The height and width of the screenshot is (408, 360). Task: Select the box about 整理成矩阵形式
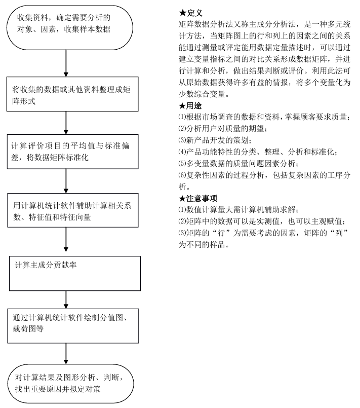[x=72, y=94]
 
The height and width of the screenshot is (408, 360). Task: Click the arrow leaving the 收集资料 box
[x=66, y=60]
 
